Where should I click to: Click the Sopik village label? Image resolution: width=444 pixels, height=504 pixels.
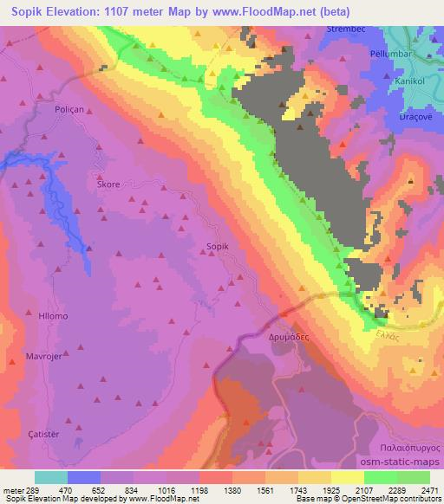pyautogui.click(x=218, y=247)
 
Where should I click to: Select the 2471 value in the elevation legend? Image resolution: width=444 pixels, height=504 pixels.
pyautogui.click(x=429, y=489)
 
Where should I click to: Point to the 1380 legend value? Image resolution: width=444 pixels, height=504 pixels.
pyautogui.click(x=233, y=489)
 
